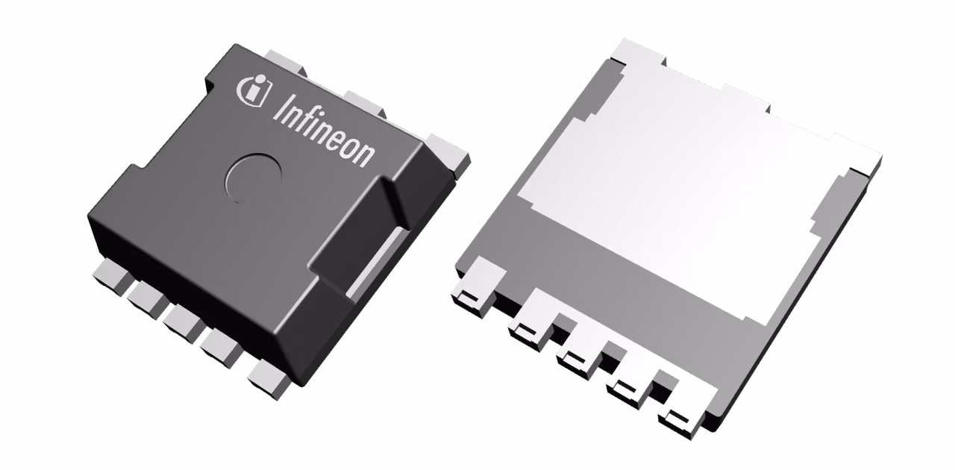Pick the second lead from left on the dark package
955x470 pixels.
(x=147, y=298)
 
